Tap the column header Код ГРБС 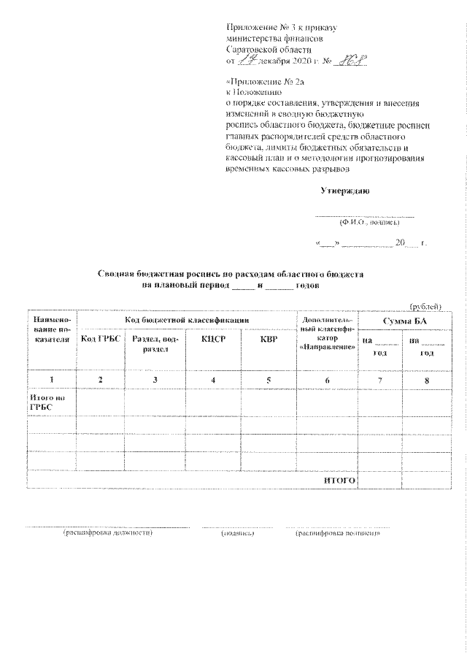[x=101, y=339]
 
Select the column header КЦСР [x=212, y=340]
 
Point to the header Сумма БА [x=399, y=321]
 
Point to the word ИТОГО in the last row [x=339, y=481]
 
